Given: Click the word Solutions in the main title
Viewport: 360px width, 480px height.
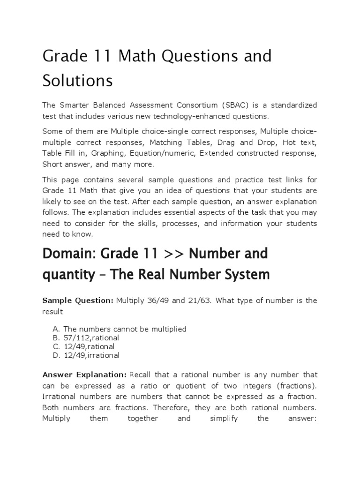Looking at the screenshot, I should pyautogui.click(x=77, y=80).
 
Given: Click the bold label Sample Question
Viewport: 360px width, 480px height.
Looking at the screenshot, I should pyautogui.click(x=77, y=300).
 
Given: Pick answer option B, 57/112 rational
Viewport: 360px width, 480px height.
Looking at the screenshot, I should pyautogui.click(x=91, y=338).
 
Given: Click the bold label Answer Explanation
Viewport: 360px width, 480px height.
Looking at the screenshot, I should pyautogui.click(x=84, y=375).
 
